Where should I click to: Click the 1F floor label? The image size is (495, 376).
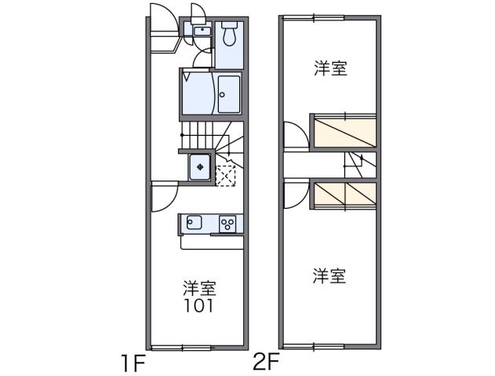point(133,363)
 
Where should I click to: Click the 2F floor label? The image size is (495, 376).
point(267,362)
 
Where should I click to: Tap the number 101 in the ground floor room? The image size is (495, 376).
point(200,305)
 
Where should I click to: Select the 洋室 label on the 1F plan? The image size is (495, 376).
point(200,287)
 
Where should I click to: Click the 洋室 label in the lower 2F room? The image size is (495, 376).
point(330,276)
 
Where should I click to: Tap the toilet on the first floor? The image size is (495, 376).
point(230,34)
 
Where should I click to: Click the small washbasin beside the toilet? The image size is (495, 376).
point(200,32)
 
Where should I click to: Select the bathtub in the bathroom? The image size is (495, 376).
point(229,94)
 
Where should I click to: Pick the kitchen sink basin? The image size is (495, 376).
point(195,223)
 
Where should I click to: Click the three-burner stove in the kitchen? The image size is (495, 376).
point(228,224)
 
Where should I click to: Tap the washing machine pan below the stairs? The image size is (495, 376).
point(200,166)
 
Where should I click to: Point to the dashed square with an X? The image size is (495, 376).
point(226,175)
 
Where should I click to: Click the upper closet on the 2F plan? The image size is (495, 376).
point(345,131)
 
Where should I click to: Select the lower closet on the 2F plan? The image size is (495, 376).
point(345,195)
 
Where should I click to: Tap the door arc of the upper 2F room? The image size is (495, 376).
point(294,135)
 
